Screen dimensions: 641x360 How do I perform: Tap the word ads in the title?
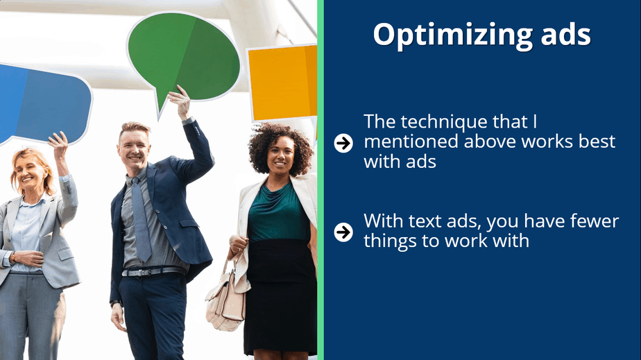point(566,34)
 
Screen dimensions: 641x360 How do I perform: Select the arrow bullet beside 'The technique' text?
point(343,143)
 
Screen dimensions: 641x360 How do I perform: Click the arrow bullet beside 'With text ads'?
point(343,232)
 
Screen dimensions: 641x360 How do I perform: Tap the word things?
point(390,241)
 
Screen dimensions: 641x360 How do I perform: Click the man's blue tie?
point(141,219)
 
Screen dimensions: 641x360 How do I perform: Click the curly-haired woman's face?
point(280,155)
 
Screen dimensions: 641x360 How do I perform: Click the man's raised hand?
point(180,101)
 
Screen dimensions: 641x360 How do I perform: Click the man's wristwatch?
point(115,303)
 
